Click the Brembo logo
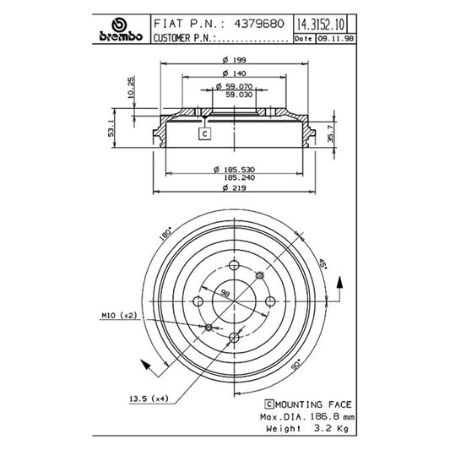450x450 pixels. tap(121, 30)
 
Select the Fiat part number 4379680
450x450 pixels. tap(259, 24)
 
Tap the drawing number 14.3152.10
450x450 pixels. tap(320, 24)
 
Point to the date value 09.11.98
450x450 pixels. tap(335, 39)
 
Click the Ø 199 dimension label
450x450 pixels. tap(234, 60)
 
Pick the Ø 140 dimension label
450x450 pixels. tap(234, 73)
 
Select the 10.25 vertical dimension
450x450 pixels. tap(131, 87)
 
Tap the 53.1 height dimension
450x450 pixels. tap(111, 128)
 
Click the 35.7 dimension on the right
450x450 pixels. tap(331, 133)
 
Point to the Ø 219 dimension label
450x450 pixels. tap(234, 188)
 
